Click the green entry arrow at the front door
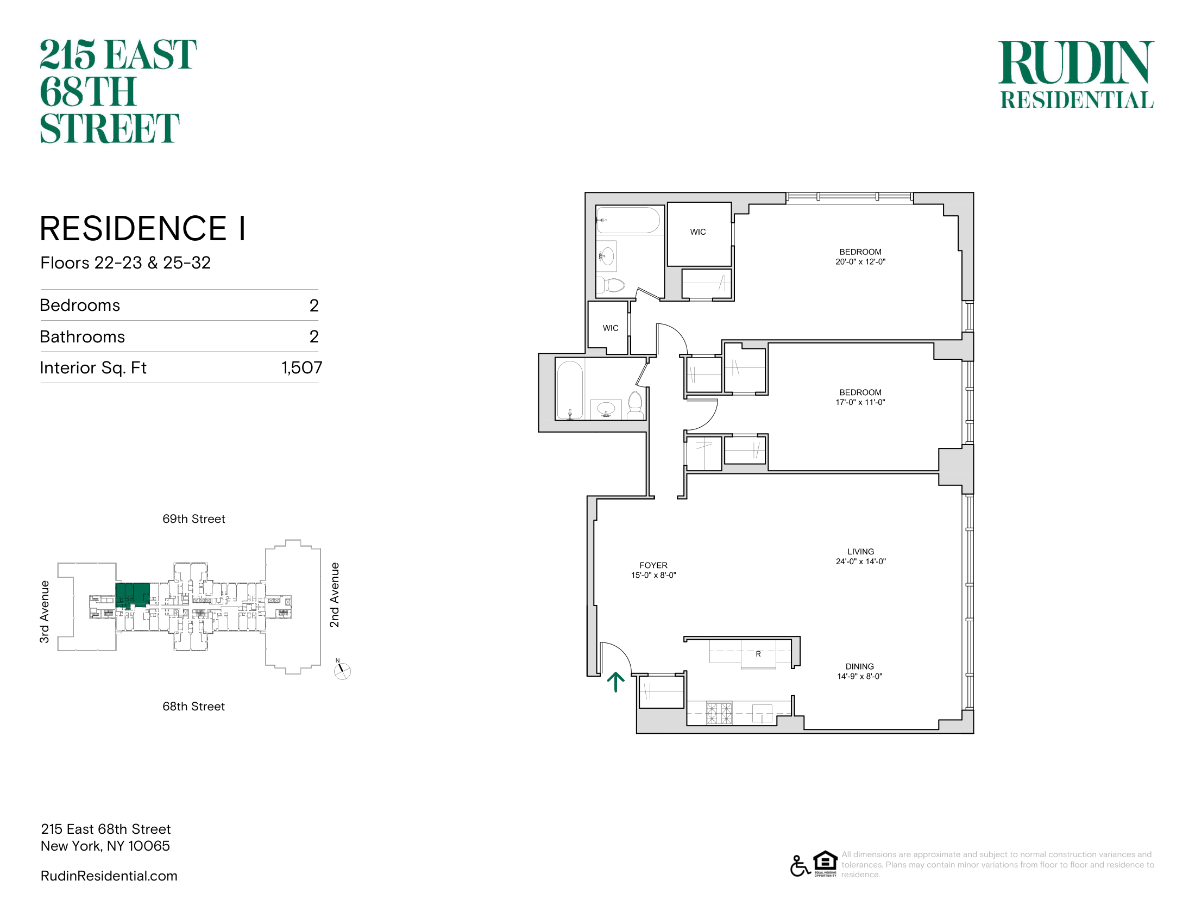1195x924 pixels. pyautogui.click(x=615, y=682)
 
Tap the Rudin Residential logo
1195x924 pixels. pyautogui.click(x=1076, y=74)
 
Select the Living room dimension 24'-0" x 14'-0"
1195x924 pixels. pyautogui.click(x=861, y=561)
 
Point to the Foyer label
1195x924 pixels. pyautogui.click(x=653, y=565)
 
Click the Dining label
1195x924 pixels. pyautogui.click(x=860, y=667)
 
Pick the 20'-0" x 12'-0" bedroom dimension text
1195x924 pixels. pyautogui.click(x=860, y=261)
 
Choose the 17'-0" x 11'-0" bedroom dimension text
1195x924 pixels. pyautogui.click(x=860, y=402)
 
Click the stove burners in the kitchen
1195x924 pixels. pyautogui.click(x=719, y=713)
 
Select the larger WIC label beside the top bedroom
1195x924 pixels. pyautogui.click(x=697, y=232)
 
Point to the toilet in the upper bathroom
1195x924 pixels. pyautogui.click(x=611, y=285)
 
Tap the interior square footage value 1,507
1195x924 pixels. pyautogui.click(x=302, y=368)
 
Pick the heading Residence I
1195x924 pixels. pyautogui.click(x=143, y=228)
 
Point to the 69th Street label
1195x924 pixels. pyautogui.click(x=194, y=519)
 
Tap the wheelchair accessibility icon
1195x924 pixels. pyautogui.click(x=800, y=866)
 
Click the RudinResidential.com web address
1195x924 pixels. pyautogui.click(x=109, y=876)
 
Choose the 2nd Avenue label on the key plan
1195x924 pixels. pyautogui.click(x=334, y=595)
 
